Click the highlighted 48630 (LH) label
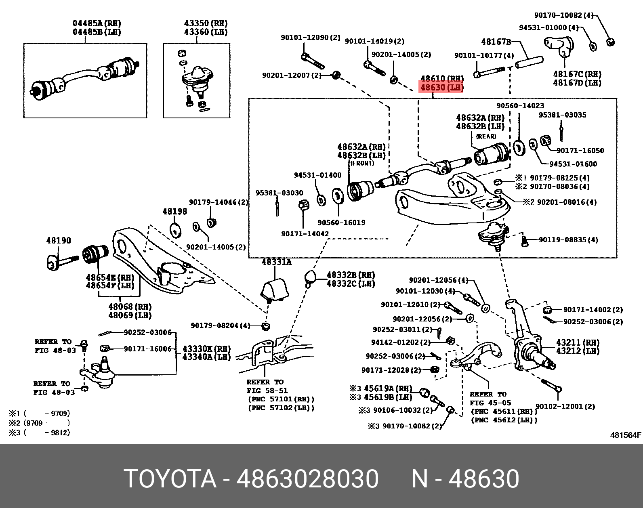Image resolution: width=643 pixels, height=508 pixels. pos(441,87)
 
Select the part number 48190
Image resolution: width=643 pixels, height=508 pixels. pos(58,240)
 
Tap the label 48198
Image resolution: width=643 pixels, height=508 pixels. pos(174,211)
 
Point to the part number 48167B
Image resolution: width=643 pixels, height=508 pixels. pos(496,41)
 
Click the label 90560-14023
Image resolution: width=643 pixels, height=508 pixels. pos(520,105)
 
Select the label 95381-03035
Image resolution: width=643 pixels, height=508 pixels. pos(562,115)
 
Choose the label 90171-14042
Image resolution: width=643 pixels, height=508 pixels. pos(305,233)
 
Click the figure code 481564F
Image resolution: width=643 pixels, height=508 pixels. pos(625,435)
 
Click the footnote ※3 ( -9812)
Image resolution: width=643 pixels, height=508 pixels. pos(39,432)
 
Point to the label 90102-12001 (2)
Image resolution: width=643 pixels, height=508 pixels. pos(565,406)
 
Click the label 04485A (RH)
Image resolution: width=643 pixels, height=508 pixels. pos(97,23)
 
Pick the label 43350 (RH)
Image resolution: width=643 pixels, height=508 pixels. pos(205,23)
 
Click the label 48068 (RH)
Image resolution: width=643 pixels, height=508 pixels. pos(129,306)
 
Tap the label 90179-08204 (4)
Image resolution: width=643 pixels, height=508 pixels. pos(220,325)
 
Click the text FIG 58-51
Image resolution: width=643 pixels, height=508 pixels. pos(267,390)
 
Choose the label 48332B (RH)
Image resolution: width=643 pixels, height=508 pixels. pos(350,275)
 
